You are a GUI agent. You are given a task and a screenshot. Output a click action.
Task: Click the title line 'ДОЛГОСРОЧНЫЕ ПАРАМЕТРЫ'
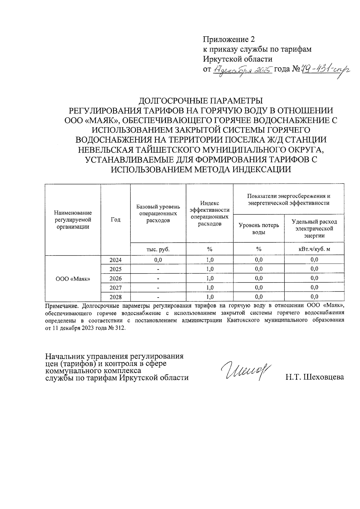coord(201,100)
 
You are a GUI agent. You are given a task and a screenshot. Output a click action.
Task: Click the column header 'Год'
coord(115,220)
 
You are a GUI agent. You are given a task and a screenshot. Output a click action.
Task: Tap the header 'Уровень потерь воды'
coord(259,229)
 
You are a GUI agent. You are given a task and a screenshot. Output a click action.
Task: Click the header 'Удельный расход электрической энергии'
coord(314,229)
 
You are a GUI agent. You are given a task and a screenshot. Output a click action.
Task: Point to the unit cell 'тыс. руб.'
coord(158,249)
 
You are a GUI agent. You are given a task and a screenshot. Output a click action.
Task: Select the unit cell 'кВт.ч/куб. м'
coord(314,249)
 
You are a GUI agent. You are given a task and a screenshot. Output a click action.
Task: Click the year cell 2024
coord(115,260)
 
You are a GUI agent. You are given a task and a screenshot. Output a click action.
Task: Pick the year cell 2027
coord(115,288)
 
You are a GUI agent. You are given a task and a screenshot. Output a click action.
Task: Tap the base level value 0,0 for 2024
coord(158,260)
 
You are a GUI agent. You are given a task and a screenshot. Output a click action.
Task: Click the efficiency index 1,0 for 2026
coord(210,278)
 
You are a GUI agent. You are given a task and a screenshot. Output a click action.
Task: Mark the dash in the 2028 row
coord(158,297)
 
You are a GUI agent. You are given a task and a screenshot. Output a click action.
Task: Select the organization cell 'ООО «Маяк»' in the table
coord(73,279)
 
